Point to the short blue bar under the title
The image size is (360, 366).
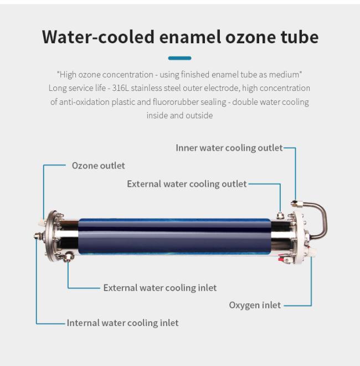pyautogui.click(x=179, y=58)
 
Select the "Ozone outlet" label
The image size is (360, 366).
pyautogui.click(x=98, y=165)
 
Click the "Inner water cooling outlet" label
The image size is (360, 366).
pyautogui.click(x=229, y=148)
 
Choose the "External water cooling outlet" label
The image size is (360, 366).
pyautogui.click(x=187, y=184)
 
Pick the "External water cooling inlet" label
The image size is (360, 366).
pyautogui.click(x=160, y=288)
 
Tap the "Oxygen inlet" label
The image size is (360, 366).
pyautogui.click(x=255, y=305)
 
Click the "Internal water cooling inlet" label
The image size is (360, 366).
pyautogui.click(x=122, y=323)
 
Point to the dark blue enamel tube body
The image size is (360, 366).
pyautogui.click(x=174, y=236)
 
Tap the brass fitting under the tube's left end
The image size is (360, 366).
pyautogui.click(x=68, y=257)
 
